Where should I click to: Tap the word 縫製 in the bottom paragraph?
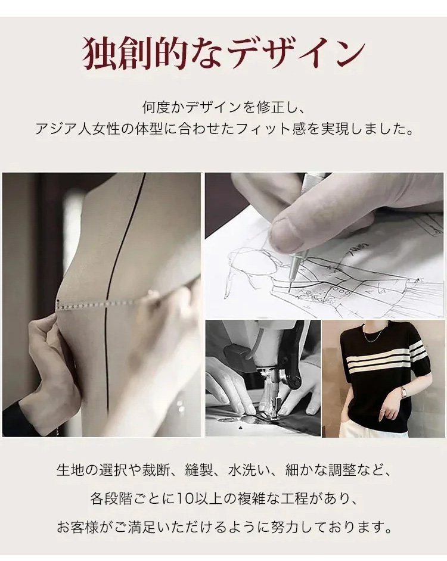click(199, 470)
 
